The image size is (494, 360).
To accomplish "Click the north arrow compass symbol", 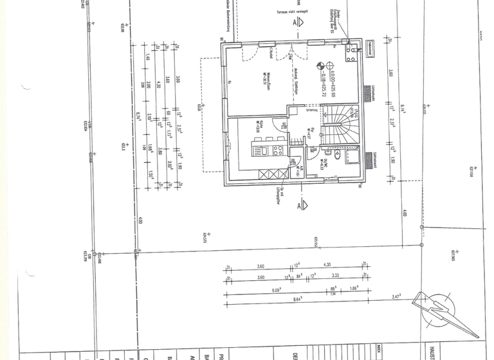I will tap(443, 313).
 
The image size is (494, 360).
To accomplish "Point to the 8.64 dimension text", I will tap(297, 300).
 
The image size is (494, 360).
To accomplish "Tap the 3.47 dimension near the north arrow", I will tap(396, 297).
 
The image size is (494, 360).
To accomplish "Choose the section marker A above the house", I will tap(297, 21).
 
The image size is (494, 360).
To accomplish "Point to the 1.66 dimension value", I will tap(353, 288).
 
